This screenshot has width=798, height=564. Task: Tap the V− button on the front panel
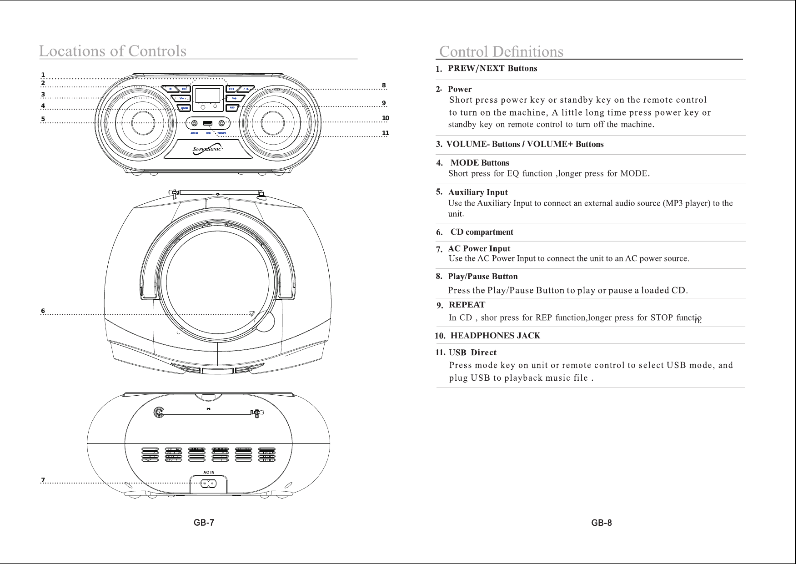pos(182,98)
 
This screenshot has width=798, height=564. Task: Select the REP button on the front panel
pos(232,108)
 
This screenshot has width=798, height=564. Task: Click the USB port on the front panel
pos(208,123)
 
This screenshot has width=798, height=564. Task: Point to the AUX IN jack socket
pos(194,123)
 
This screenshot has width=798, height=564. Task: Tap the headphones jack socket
pos(222,123)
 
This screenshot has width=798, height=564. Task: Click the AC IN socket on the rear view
pos(208,484)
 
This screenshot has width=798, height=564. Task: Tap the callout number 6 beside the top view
pos(43,311)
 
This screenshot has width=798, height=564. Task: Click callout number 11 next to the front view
pos(386,133)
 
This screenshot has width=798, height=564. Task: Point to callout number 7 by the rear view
pos(43,480)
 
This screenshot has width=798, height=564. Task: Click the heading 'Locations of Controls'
pos(113,50)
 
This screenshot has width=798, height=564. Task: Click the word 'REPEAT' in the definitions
pos(467,305)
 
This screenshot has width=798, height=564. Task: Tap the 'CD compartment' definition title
pos(482,232)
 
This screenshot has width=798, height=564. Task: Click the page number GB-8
pos(602,523)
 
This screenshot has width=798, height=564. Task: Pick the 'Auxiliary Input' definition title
pos(478,192)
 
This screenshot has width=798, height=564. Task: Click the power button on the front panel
pos(171,89)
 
